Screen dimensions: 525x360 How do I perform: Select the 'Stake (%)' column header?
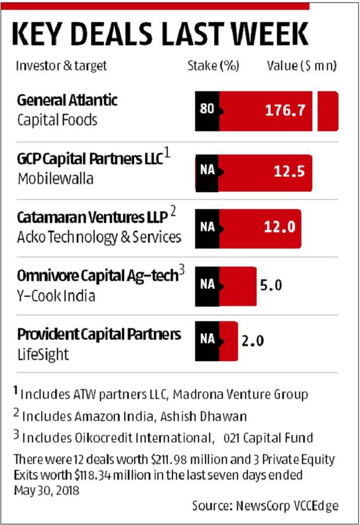coord(213,66)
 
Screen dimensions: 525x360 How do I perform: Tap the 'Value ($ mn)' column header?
coord(301,66)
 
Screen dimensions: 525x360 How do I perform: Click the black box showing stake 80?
coord(207,111)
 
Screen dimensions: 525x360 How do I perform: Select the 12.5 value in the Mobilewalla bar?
coord(289,171)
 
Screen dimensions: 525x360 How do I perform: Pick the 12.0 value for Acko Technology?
coord(281,228)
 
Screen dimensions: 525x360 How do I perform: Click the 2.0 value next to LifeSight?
coord(253,341)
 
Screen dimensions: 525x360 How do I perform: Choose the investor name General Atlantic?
coord(67,100)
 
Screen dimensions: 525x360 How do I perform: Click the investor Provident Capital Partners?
coord(99,334)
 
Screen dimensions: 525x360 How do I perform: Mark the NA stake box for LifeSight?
coord(207,341)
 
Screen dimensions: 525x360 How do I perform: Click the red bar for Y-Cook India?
coord(237,286)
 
